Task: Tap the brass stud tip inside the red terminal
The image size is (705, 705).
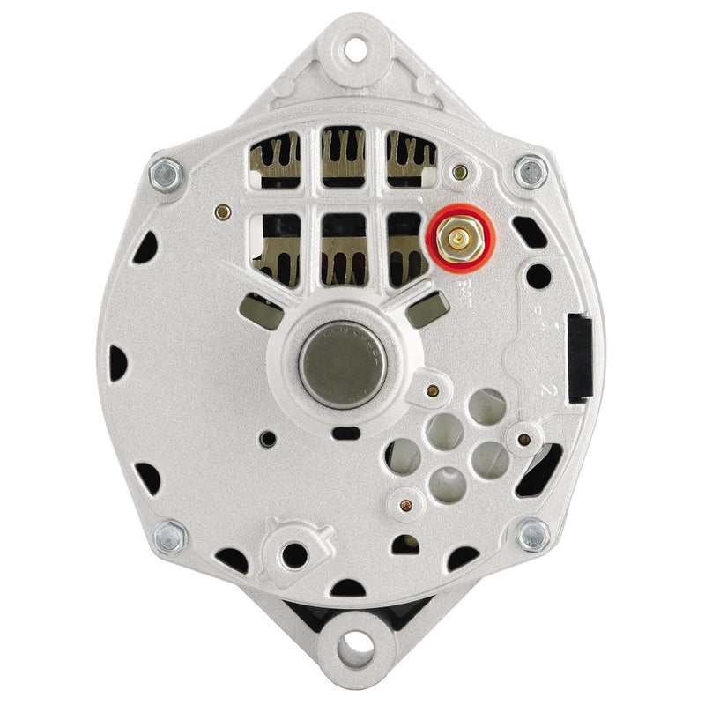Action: point(459,238)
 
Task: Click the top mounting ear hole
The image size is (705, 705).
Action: point(354,48)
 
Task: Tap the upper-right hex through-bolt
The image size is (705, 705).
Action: point(531,172)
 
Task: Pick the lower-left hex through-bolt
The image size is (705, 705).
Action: point(169,536)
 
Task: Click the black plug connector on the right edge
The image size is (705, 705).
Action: point(579,357)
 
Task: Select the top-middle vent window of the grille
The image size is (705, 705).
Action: point(343,157)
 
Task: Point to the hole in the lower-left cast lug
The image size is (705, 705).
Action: point(294,554)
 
